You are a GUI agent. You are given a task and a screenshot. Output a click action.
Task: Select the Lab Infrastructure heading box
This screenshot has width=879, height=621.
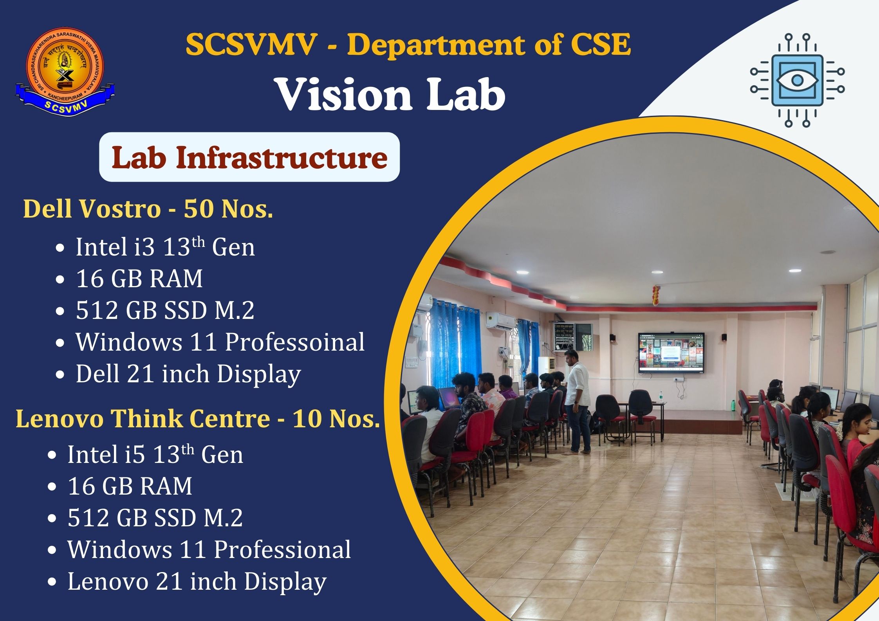pos(249,157)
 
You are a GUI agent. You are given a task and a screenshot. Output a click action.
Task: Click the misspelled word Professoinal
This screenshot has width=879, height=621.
pos(294,342)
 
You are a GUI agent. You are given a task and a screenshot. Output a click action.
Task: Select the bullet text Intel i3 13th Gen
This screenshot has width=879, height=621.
pos(165,247)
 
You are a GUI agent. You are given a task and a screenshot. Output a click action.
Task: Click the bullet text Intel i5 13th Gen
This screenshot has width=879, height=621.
pos(155,454)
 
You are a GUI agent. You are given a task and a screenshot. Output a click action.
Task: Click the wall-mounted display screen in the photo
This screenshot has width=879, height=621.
pos(671,353)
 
